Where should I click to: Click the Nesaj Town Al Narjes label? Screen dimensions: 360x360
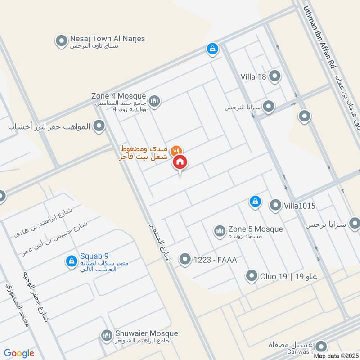(x=107, y=39)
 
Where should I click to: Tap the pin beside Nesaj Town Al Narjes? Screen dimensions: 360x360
(x=61, y=42)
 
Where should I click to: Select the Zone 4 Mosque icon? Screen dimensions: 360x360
(x=154, y=102)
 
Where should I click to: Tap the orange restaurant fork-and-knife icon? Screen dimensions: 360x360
(x=177, y=150)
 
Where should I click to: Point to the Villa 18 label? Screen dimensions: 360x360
(x=253, y=76)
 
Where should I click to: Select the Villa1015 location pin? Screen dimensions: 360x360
(x=275, y=206)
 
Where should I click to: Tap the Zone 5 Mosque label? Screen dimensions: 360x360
(x=255, y=229)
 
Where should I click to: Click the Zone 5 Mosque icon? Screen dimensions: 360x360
(x=220, y=231)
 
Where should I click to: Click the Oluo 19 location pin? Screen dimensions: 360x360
(x=252, y=276)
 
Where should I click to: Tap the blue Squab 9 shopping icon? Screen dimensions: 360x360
(x=71, y=261)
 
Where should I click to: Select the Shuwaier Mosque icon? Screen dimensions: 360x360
(x=107, y=336)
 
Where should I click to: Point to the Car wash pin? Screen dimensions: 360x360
(x=321, y=346)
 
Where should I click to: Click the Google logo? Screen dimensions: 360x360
(x=19, y=353)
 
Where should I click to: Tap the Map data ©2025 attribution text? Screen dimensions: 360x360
(x=336, y=356)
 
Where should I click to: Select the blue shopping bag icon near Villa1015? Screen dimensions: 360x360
(x=255, y=202)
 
